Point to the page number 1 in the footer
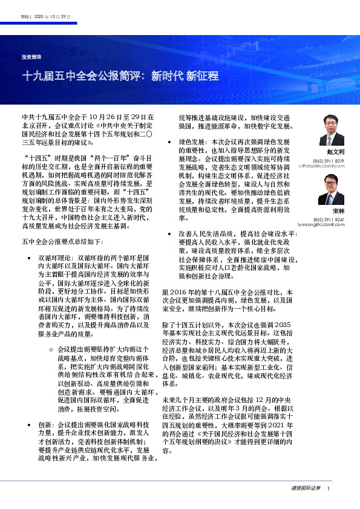pyautogui.click(x=329, y=488)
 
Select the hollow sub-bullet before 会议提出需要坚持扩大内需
pyautogui.click(x=50, y=349)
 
